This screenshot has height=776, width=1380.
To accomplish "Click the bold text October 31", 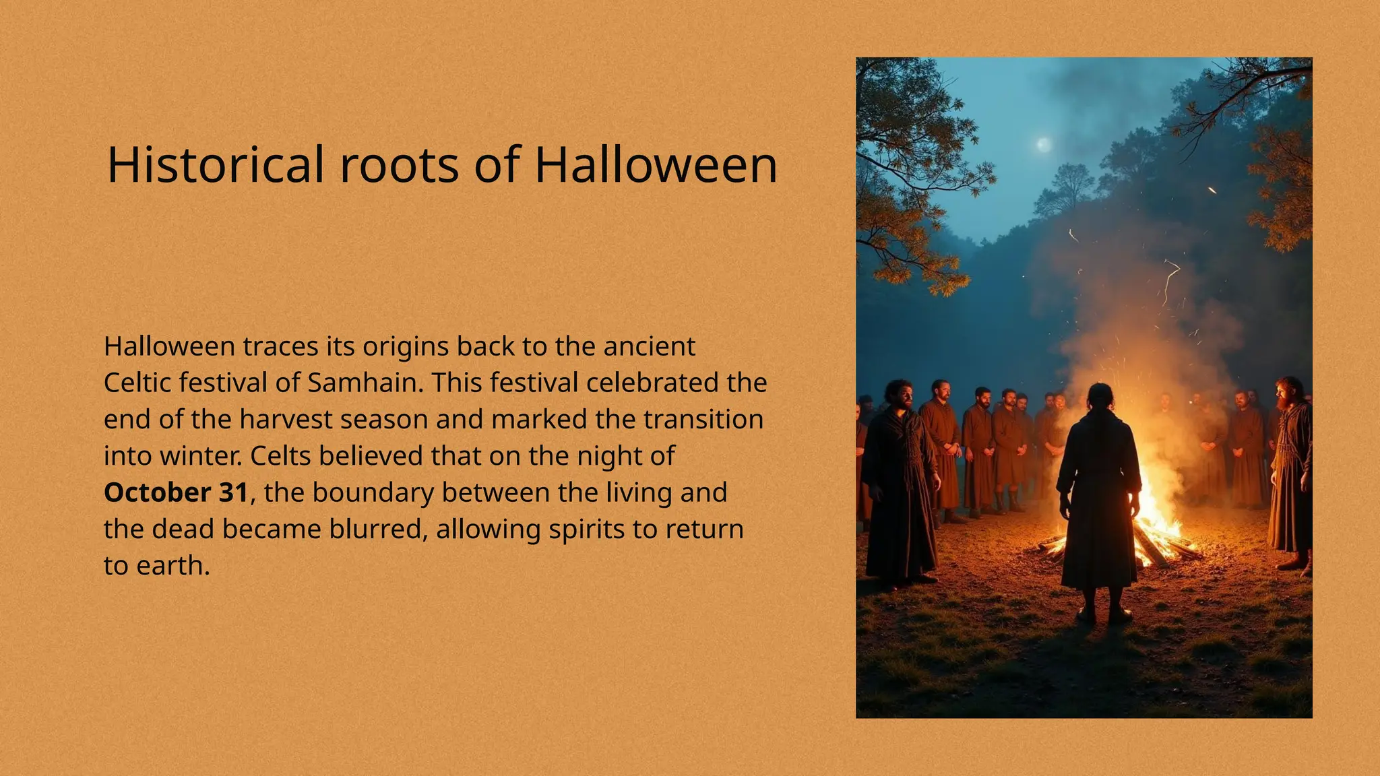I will [176, 492].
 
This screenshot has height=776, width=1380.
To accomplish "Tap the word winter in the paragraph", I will [199, 456].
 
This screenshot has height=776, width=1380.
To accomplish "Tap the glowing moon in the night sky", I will [1043, 144].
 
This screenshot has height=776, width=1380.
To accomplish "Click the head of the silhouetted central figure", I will [1099, 396].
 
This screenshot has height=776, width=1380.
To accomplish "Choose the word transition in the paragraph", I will [703, 419].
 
